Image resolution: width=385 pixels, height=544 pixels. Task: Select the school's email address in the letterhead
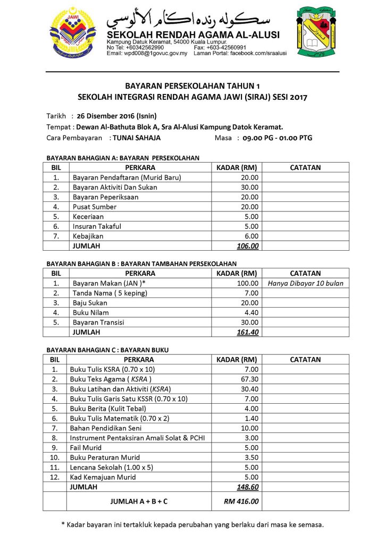(x=147, y=54)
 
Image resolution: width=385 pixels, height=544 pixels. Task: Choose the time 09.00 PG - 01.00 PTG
(x=277, y=138)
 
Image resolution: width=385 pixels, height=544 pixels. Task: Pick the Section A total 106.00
(x=247, y=246)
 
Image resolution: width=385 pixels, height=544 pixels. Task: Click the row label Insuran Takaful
(x=97, y=226)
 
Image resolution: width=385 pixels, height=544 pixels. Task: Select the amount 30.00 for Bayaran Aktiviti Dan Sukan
(x=248, y=187)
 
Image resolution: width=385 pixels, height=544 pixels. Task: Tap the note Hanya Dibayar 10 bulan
(x=305, y=283)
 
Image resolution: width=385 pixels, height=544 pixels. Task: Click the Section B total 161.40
(x=247, y=332)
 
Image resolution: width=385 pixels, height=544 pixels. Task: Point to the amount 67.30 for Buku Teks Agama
(x=248, y=379)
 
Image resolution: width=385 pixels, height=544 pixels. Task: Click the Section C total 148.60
(x=247, y=487)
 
